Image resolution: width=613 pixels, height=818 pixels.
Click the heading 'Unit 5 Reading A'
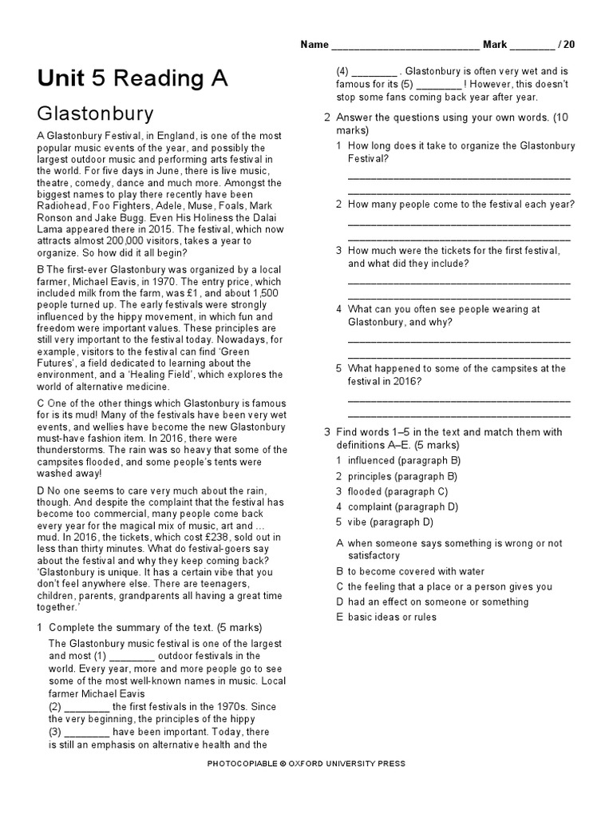[132, 78]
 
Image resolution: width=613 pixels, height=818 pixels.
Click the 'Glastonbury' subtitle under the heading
[95, 113]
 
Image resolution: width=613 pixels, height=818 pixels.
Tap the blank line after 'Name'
[405, 46]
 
